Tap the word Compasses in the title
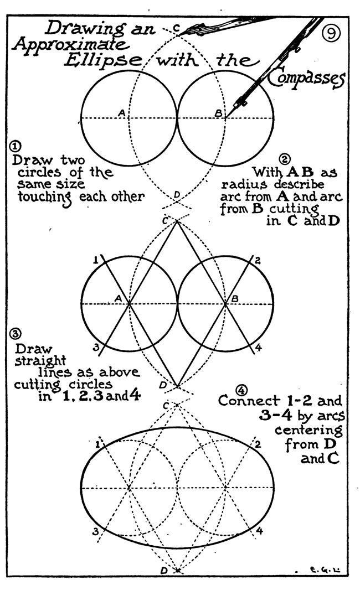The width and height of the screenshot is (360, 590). pyautogui.click(x=306, y=79)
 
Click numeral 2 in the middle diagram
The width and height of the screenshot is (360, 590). pyautogui.click(x=259, y=260)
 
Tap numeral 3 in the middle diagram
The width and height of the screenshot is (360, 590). pyautogui.click(x=95, y=347)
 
